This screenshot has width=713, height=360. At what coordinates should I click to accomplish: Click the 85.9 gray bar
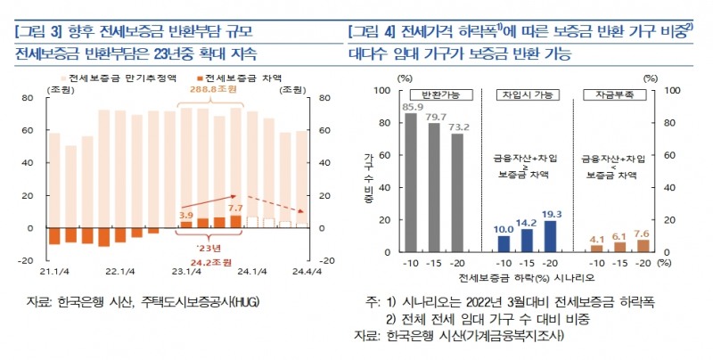coord(411,183)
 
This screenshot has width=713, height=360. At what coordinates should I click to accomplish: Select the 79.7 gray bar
coord(434,188)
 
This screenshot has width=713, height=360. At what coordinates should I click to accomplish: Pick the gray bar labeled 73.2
coord(456,193)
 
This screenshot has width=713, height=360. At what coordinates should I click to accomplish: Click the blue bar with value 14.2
coord(527,241)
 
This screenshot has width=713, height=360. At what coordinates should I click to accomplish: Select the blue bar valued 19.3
coord(550,236)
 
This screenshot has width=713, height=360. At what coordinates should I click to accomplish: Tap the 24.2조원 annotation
coord(211,263)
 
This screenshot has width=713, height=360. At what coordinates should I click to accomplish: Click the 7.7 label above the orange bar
coord(236,207)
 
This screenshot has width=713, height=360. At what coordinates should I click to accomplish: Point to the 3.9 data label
coord(186,215)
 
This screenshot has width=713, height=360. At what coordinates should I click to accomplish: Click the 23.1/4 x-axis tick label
coord(185,273)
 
